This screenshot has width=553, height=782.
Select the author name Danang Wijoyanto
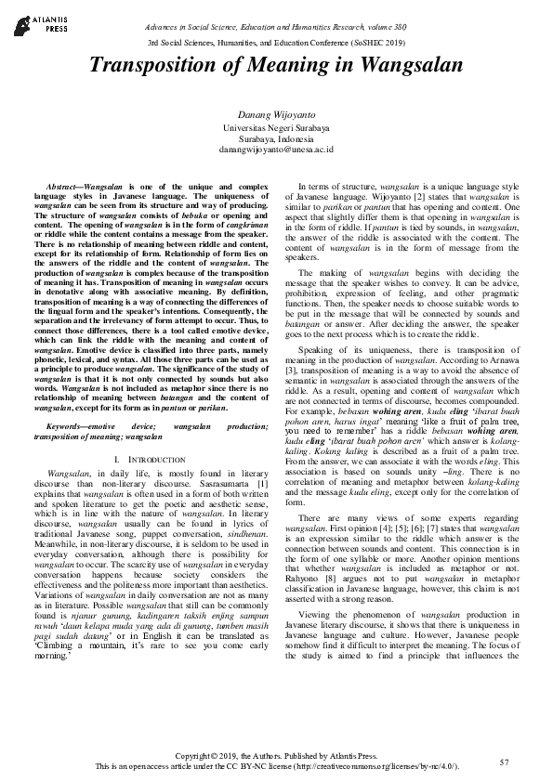275,112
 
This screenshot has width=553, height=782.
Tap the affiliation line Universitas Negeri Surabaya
275,126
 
